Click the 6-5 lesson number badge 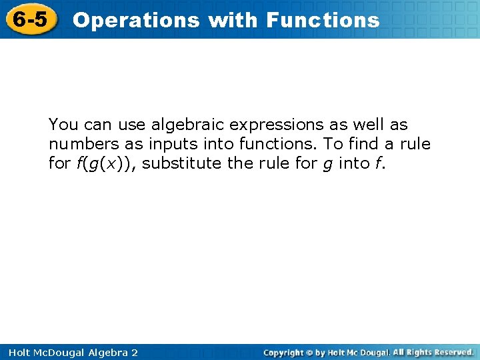pyautogui.click(x=31, y=19)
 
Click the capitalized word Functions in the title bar pyautogui.click(x=323, y=20)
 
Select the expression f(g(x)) pyautogui.click(x=103, y=163)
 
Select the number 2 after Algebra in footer pyautogui.click(x=135, y=353)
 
